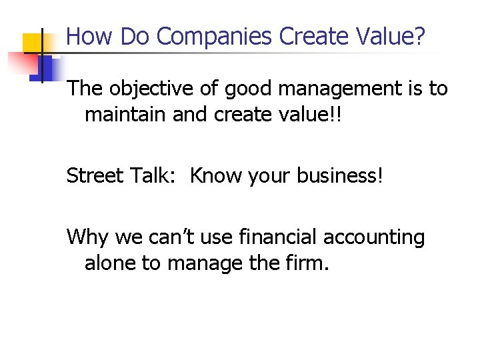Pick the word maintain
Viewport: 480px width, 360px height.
[125, 115]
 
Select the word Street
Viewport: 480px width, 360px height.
[94, 176]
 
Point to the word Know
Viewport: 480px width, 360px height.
[216, 176]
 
